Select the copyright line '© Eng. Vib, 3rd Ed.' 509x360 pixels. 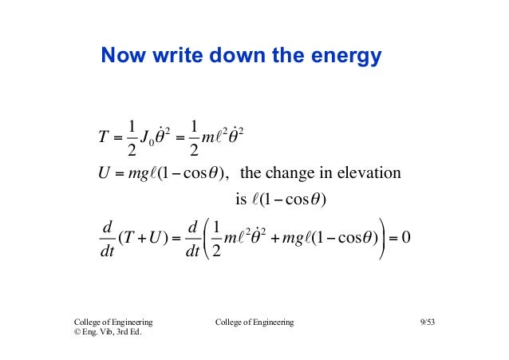108,333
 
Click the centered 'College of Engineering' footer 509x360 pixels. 254,322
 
